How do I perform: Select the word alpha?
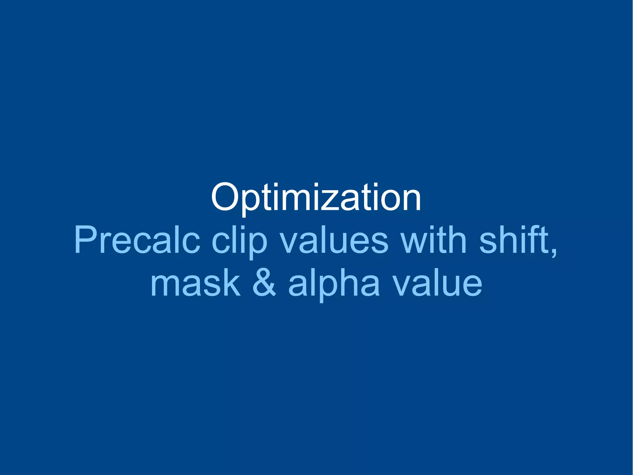tap(334, 284)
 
